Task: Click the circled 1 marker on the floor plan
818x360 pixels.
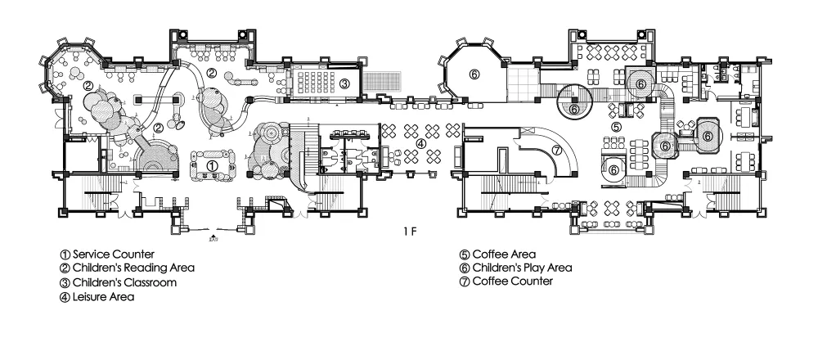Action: [213, 166]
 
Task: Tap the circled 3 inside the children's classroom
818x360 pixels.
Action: [344, 83]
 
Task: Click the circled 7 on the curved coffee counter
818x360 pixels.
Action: [556, 150]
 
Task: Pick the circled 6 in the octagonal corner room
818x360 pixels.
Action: [473, 74]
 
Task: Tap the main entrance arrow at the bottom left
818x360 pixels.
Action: [212, 236]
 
